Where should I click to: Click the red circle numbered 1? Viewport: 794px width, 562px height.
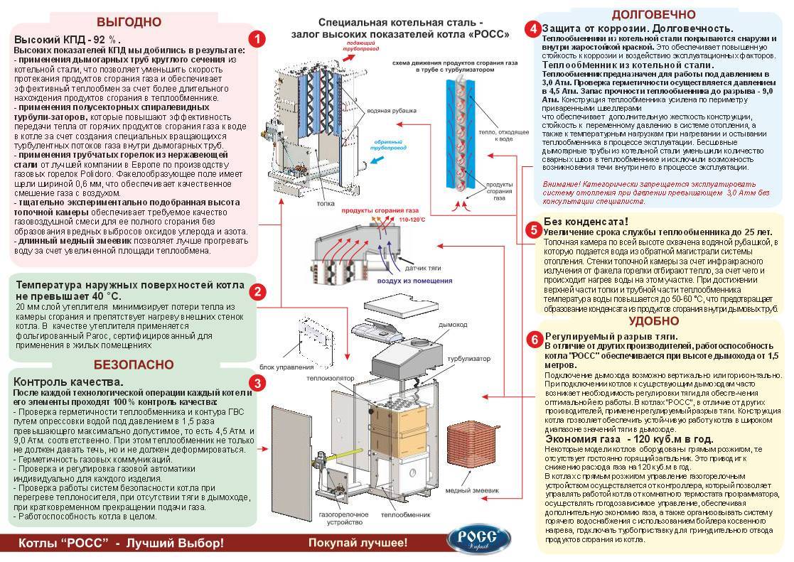pos(258,38)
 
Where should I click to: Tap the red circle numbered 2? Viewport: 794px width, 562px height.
pos(259,291)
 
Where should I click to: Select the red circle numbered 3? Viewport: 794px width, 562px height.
pos(259,384)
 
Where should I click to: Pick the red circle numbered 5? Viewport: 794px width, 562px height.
pos(533,230)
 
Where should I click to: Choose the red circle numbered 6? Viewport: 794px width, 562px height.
pos(533,339)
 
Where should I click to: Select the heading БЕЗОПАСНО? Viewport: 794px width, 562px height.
pos(133,365)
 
